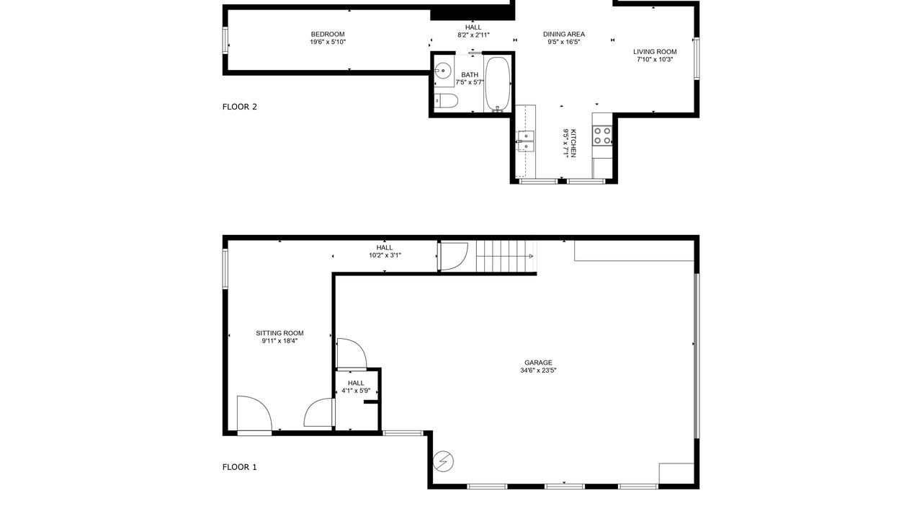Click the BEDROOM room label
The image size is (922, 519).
point(328,34)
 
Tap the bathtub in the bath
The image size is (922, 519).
point(498,84)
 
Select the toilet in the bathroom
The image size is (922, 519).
point(446,101)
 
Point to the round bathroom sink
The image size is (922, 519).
point(443,71)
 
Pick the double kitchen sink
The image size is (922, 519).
point(526,141)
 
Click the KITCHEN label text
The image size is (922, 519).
point(573,143)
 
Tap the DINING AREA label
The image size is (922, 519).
point(563,34)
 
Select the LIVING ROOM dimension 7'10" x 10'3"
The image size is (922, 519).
point(655,59)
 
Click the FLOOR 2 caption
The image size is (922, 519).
point(240,107)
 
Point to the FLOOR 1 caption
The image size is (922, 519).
point(239,467)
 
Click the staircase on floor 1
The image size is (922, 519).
point(506,256)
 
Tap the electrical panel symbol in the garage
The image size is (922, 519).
point(443,461)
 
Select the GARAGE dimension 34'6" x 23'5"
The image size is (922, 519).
point(538,371)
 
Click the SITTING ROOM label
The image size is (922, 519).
point(279,333)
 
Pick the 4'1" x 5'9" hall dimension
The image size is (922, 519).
point(356,391)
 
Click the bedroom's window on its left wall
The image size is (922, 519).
point(225,40)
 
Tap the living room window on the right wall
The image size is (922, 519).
point(697,58)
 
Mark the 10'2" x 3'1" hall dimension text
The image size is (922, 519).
point(385,255)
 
